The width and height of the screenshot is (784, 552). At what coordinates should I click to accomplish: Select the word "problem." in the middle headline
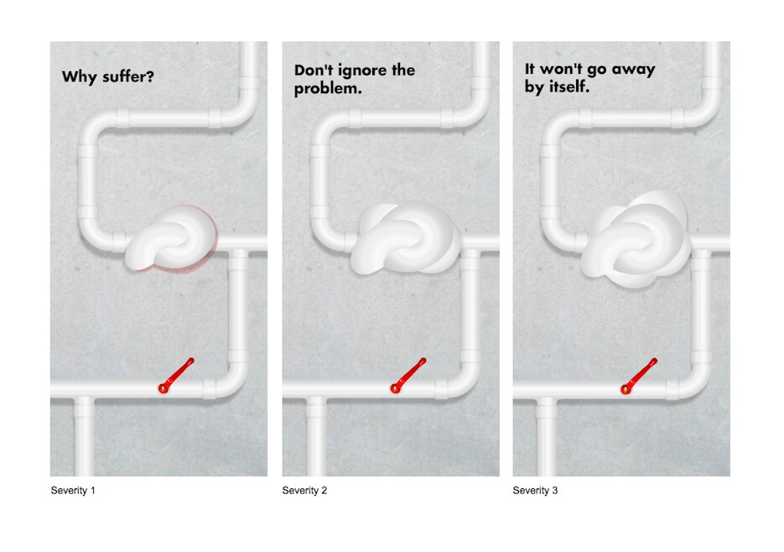click(328, 88)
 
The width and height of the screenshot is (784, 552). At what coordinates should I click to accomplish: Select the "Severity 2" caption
click(304, 490)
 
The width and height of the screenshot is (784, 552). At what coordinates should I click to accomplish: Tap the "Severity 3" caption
click(535, 490)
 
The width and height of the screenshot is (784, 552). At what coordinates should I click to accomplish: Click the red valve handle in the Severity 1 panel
click(176, 374)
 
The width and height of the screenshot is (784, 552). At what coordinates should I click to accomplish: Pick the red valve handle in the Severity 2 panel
click(408, 374)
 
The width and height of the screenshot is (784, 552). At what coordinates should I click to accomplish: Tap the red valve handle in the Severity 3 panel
click(639, 374)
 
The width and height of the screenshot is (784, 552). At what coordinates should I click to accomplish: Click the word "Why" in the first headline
click(77, 77)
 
